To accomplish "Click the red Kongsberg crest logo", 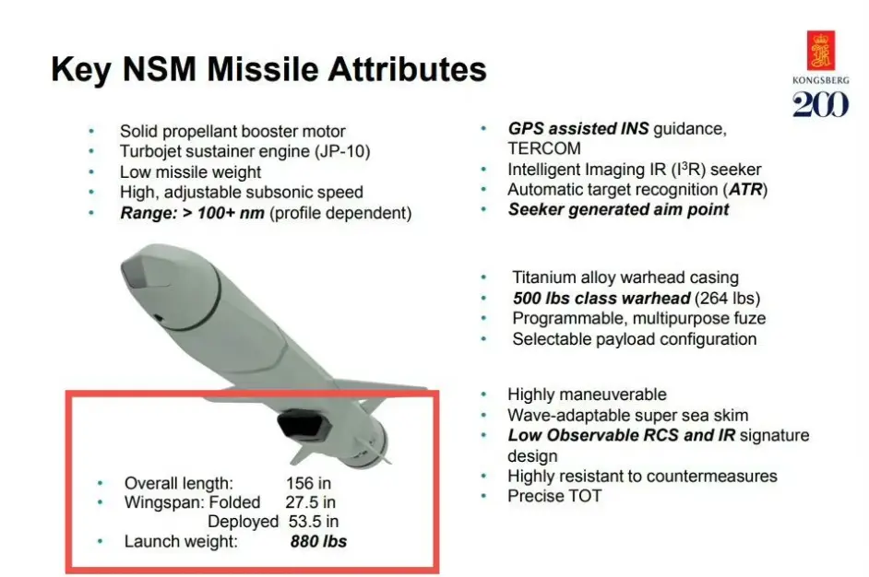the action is (x=821, y=51).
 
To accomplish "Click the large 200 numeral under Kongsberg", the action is (x=820, y=104).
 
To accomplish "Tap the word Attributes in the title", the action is (x=408, y=68).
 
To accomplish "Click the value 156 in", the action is (x=308, y=483).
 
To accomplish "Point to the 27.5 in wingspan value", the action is (x=310, y=502).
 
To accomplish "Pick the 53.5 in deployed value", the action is (x=314, y=522).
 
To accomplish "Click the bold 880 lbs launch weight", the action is (x=318, y=541).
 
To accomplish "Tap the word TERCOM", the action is (x=544, y=148).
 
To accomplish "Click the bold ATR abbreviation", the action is (x=745, y=189).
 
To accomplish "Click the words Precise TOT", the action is (x=554, y=496).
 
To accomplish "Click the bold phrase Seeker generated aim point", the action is (x=618, y=209).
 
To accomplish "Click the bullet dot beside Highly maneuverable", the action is (x=483, y=394).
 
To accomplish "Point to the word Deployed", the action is (x=243, y=522).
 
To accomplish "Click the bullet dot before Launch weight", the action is (x=100, y=541).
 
